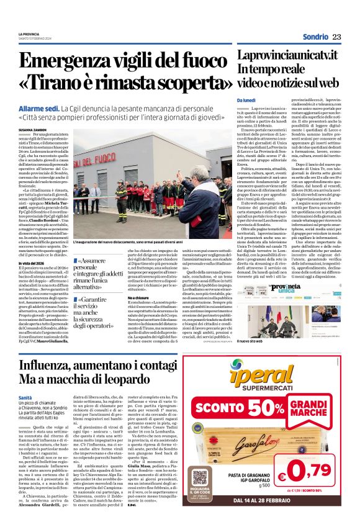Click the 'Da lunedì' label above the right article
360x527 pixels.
(246, 100)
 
